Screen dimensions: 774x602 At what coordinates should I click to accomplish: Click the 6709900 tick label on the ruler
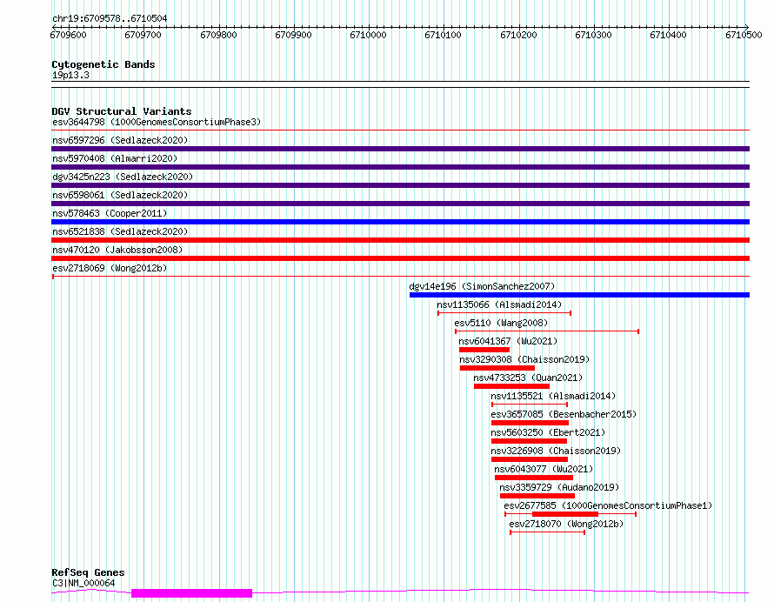[x=293, y=35]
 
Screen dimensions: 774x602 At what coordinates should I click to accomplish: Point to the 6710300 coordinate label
[x=593, y=35]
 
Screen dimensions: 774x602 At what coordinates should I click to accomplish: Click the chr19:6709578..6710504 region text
[x=110, y=19]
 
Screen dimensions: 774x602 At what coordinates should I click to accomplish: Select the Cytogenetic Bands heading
[x=103, y=64]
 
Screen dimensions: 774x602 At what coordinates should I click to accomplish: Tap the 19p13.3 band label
[x=70, y=75]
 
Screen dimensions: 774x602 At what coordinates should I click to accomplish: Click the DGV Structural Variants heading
[x=122, y=111]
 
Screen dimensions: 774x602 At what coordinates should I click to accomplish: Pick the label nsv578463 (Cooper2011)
[x=110, y=213]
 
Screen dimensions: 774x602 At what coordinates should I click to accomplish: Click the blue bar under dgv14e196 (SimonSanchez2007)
[x=579, y=295]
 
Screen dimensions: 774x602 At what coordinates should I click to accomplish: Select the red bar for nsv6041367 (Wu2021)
[x=484, y=350]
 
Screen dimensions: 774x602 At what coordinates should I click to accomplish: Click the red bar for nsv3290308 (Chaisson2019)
[x=497, y=368]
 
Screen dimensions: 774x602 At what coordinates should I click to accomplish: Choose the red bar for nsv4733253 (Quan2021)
[x=511, y=386]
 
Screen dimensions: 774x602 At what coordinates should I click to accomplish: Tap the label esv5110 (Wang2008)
[x=501, y=323]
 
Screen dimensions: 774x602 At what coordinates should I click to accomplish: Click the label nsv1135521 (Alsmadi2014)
[x=553, y=396]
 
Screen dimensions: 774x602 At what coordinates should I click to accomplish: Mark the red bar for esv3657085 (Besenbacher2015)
[x=530, y=423]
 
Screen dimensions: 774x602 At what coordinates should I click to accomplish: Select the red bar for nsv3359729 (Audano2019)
[x=537, y=496]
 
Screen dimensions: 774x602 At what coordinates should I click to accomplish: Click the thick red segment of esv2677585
[x=565, y=514]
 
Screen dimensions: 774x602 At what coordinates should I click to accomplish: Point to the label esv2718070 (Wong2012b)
[x=566, y=524]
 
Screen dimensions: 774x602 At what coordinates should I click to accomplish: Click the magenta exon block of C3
[x=191, y=593]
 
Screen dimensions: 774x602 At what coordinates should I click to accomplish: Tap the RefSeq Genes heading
[x=88, y=572]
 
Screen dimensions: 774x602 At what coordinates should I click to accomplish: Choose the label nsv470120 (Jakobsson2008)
[x=117, y=250]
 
